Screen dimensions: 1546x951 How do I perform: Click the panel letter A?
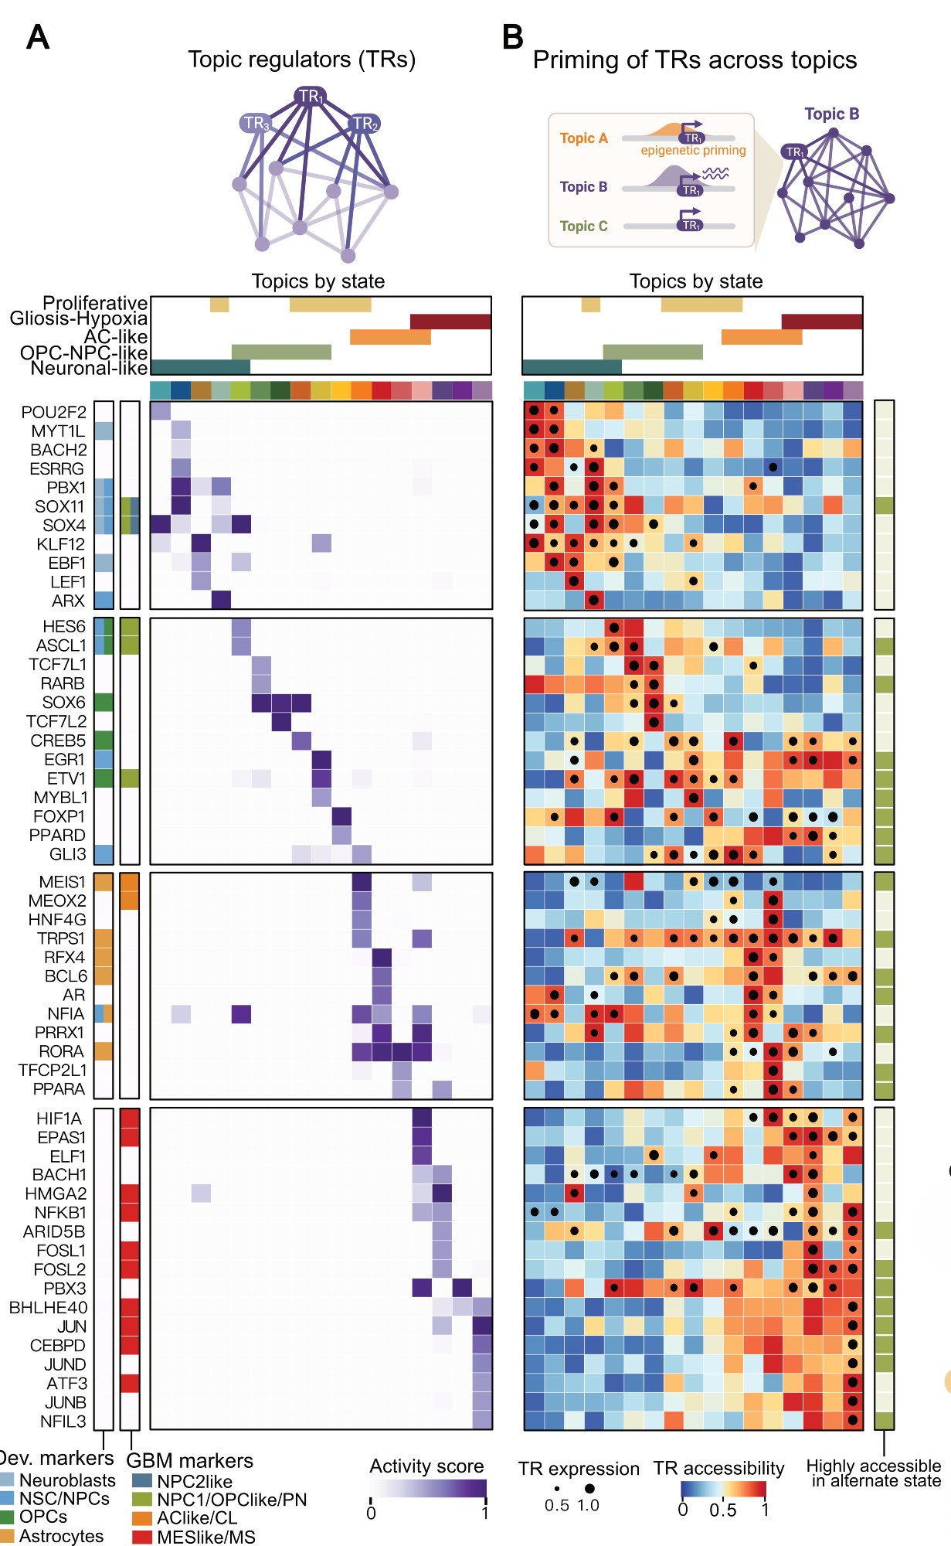38,37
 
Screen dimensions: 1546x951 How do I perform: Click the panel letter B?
512,37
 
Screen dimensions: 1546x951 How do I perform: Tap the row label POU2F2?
54,412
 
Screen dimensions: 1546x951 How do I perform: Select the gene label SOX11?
59,506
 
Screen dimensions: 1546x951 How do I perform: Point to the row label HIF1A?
59,1119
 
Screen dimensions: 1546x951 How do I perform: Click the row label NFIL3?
63,1422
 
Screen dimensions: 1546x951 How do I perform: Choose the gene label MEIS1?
63,882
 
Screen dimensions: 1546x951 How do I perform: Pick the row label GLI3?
68,854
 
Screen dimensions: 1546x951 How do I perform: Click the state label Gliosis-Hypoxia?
78,318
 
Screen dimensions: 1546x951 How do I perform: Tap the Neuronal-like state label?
89,369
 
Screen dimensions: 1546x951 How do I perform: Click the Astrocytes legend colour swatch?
7,1536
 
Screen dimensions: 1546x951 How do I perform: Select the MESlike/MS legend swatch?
142,1537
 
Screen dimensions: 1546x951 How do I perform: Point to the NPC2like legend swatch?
142,1481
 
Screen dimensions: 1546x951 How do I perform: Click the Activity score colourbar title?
426,1466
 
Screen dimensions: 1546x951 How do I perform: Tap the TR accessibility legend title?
718,1468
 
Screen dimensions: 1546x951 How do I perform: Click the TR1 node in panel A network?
310,97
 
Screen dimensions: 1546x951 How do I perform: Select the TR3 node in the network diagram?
255,124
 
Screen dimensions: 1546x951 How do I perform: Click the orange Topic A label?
583,138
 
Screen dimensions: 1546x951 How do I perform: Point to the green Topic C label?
583,226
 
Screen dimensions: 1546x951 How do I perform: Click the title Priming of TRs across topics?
695,60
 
